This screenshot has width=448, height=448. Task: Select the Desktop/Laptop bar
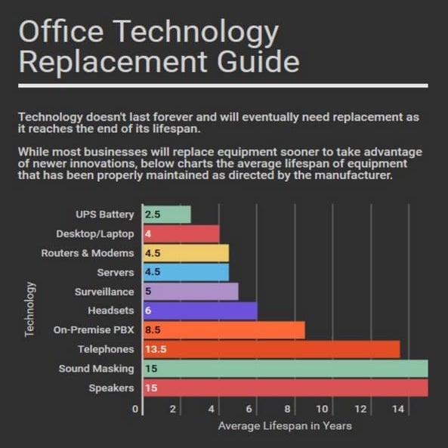tap(181, 234)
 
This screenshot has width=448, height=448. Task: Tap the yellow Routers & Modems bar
tap(187, 253)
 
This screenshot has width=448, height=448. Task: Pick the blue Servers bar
tap(187, 272)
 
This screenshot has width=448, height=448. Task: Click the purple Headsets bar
tap(200, 311)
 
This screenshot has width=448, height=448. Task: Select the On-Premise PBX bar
tap(224, 330)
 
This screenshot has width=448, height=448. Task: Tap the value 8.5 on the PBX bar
tap(153, 330)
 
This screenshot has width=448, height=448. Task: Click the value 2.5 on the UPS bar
tap(153, 215)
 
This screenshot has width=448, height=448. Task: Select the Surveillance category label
tap(104, 292)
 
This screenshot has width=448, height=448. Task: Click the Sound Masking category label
tap(96, 369)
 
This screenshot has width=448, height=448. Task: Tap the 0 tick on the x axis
tap(136, 409)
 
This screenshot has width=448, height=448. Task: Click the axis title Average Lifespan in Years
tap(285, 427)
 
